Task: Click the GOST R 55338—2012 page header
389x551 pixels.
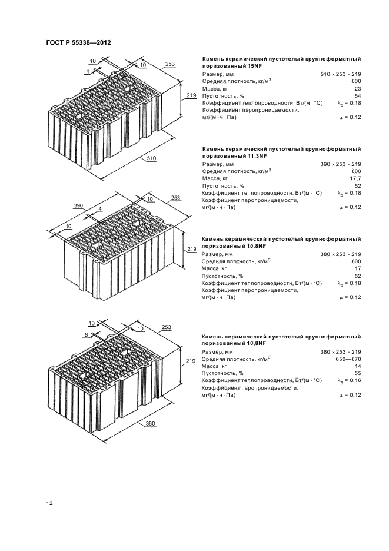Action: (79, 43)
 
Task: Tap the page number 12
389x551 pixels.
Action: (49, 503)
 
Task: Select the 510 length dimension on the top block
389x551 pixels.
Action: (151, 158)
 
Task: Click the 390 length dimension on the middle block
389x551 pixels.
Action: (78, 205)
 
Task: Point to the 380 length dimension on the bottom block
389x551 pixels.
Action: (151, 423)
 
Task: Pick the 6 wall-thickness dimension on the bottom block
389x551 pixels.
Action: (86, 335)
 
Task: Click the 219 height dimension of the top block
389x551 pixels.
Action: (191, 95)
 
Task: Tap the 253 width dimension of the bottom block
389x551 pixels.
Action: (167, 327)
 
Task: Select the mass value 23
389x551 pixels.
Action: (358, 89)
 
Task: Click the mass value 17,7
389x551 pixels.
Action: (355, 178)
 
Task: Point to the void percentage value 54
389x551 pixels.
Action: (358, 96)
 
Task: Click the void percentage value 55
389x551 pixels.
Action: (358, 373)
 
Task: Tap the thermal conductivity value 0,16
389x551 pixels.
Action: (355, 380)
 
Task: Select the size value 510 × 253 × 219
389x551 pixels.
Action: (341, 74)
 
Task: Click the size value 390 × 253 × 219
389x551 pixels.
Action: (341, 164)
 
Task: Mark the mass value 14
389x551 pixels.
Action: (358, 366)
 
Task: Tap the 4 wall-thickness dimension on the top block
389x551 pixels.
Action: (88, 71)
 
